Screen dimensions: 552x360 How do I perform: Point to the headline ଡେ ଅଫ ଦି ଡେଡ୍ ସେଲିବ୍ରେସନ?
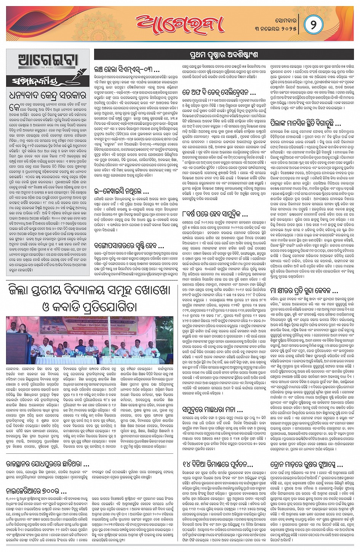(218, 92)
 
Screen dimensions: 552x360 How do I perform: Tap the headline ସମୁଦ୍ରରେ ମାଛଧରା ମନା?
(212, 410)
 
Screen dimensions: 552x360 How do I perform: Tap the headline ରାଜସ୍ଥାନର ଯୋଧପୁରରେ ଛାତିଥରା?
(48, 464)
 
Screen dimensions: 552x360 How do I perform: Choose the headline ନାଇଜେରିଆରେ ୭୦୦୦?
(33, 491)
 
